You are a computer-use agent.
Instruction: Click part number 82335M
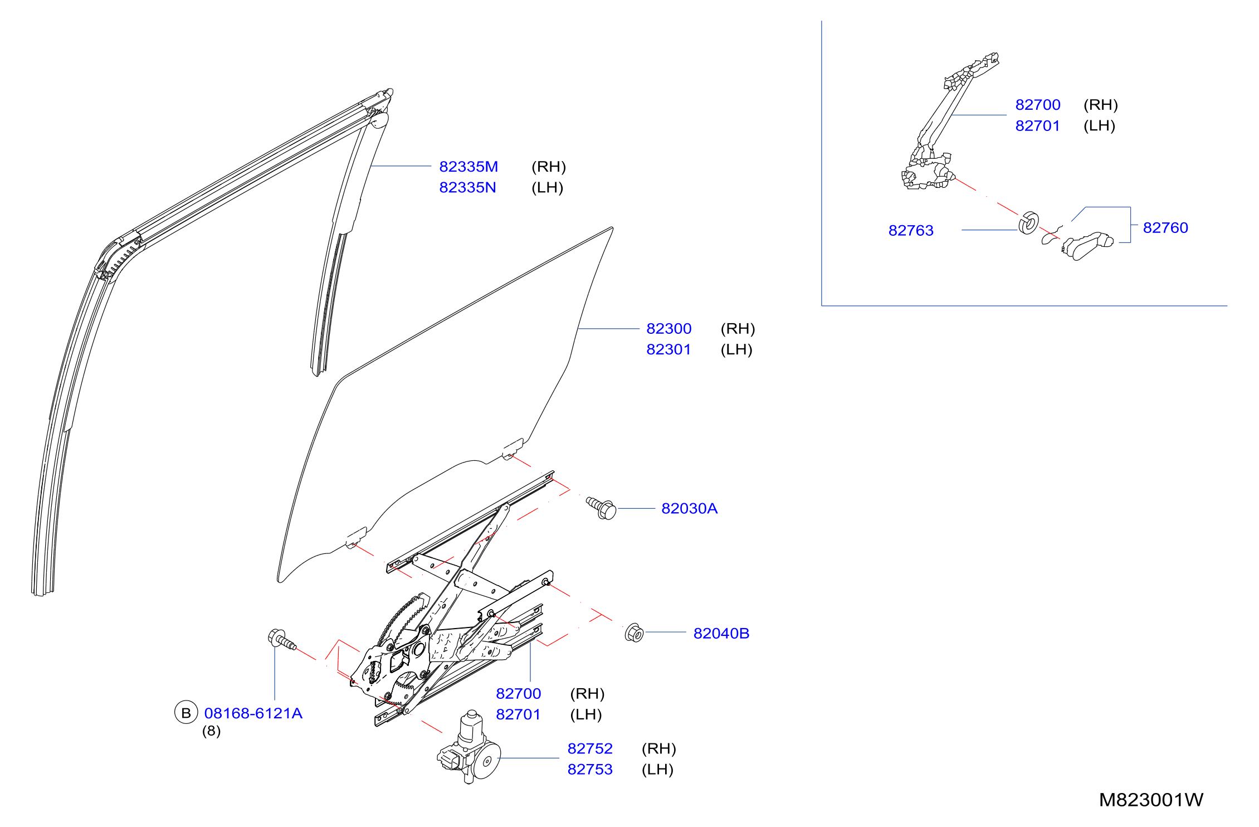(x=469, y=167)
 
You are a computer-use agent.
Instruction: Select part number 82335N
(x=467, y=187)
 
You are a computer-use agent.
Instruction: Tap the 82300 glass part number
(x=668, y=329)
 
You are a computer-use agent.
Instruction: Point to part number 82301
(x=668, y=349)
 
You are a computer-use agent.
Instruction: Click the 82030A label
(x=689, y=508)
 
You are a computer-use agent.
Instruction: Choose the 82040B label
(x=721, y=633)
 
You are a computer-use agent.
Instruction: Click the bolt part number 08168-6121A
(x=253, y=713)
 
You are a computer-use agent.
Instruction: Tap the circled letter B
(x=186, y=713)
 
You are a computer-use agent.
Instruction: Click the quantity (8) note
(x=211, y=731)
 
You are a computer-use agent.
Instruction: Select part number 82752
(x=590, y=748)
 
